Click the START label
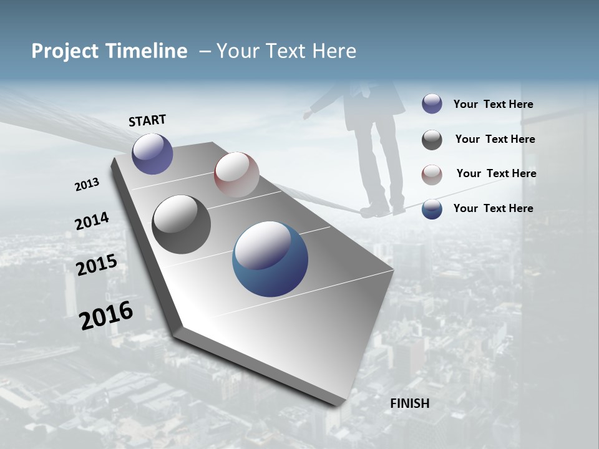[x=147, y=120]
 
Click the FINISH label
[x=409, y=403]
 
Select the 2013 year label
[x=87, y=185]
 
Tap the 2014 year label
[x=92, y=221]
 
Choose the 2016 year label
[x=106, y=316]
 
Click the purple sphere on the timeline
[x=152, y=153]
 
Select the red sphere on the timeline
[x=236, y=174]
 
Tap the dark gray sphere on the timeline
[x=181, y=224]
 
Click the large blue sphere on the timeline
[x=270, y=259]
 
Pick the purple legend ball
[x=432, y=104]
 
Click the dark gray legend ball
[x=432, y=140]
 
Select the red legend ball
[x=432, y=174]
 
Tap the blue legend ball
[x=432, y=208]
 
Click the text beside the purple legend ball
[x=493, y=105]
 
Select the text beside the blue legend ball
[x=493, y=208]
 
